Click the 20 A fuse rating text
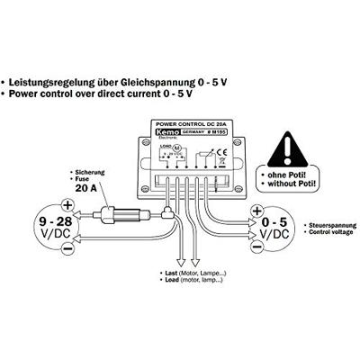93,192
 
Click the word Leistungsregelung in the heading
55,79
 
